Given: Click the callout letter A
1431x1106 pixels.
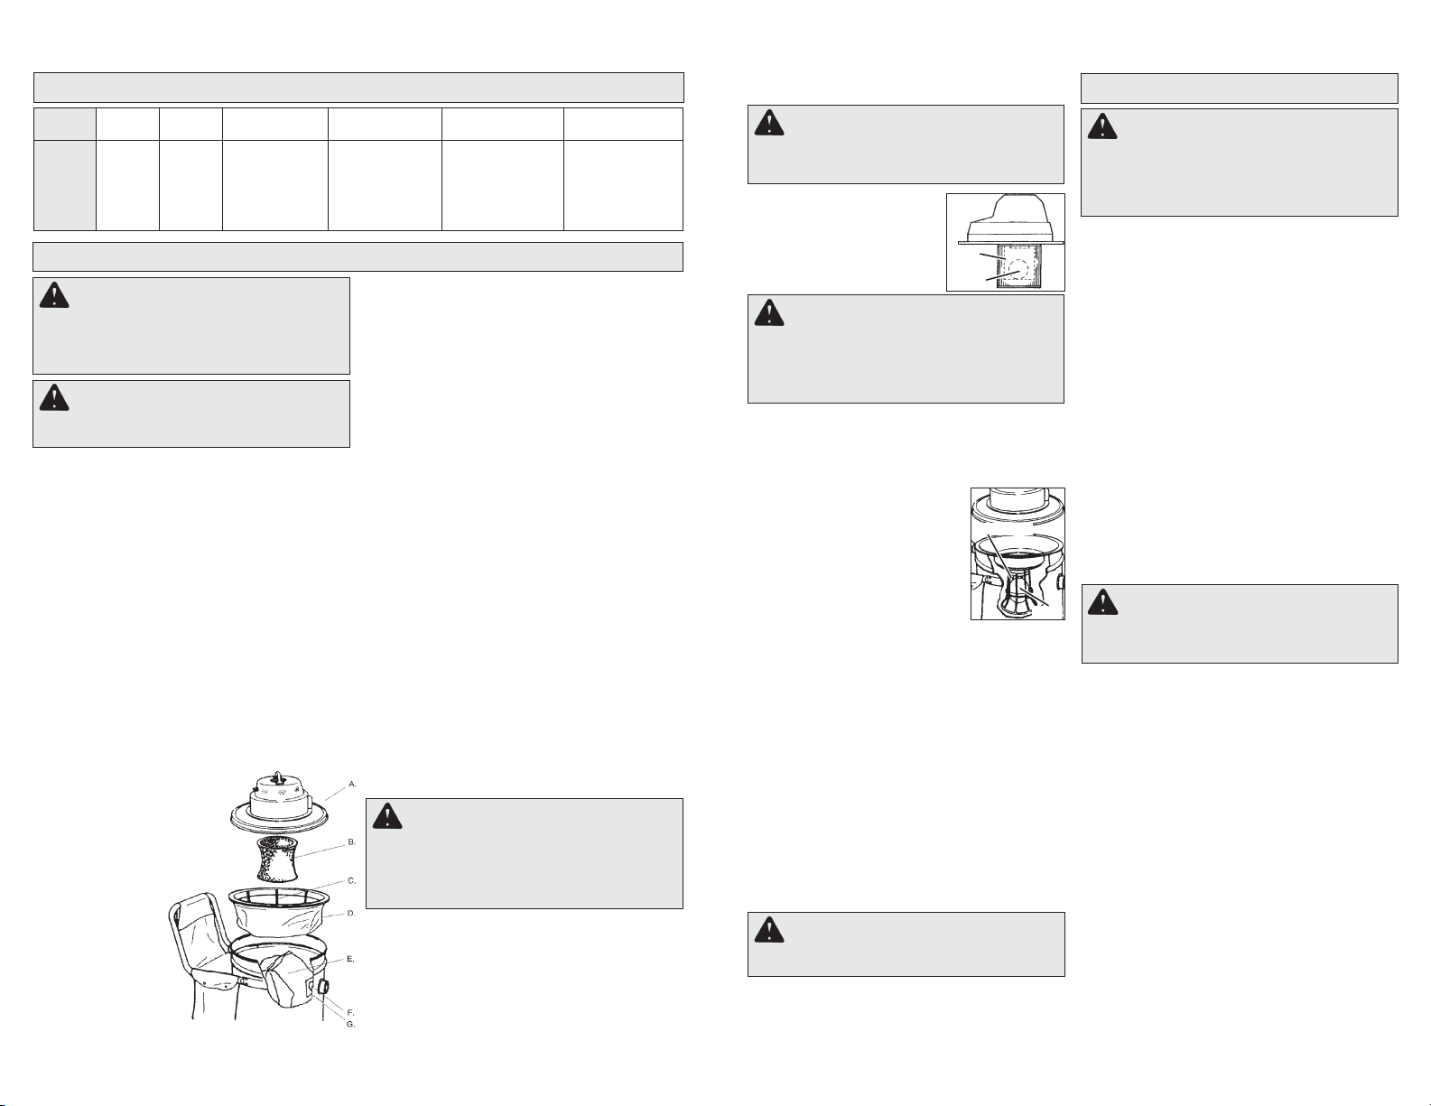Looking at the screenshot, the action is click(x=352, y=784).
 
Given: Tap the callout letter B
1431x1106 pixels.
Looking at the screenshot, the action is click(x=352, y=842).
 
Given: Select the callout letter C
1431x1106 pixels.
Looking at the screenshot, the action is click(x=352, y=880).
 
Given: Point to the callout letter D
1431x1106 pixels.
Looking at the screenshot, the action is click(x=351, y=913).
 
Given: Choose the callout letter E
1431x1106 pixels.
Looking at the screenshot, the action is click(x=350, y=959).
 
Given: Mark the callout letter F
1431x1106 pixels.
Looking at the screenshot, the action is click(x=350, y=1012).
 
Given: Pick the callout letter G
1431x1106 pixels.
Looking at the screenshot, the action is click(x=350, y=1025).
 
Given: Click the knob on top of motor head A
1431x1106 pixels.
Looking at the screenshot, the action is click(x=279, y=775).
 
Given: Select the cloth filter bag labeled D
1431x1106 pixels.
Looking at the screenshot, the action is click(x=279, y=911).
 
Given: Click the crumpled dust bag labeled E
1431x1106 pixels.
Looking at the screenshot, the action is click(x=286, y=981).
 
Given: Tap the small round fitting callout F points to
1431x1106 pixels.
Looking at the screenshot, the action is click(x=310, y=988).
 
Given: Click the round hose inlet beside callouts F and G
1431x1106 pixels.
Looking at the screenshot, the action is click(x=323, y=988).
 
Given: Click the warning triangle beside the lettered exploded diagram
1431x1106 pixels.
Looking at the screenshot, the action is click(x=387, y=815).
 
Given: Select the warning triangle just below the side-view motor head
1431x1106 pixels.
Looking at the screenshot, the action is click(x=769, y=312).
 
